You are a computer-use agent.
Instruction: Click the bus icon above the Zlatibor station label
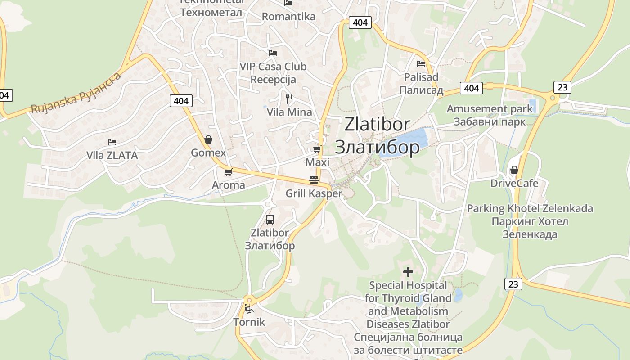(x=270, y=220)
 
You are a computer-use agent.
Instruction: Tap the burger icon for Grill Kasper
(x=314, y=180)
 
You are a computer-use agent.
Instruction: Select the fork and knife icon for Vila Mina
(x=289, y=99)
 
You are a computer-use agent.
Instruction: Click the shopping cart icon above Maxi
(x=317, y=149)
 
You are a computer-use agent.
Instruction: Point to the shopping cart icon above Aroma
(x=229, y=172)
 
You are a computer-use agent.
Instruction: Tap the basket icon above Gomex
(x=208, y=139)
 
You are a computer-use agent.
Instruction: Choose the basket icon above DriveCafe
(x=514, y=170)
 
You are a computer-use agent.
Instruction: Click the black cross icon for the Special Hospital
(x=408, y=272)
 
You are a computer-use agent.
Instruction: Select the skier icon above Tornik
(x=248, y=309)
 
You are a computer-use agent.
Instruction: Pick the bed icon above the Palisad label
(x=421, y=64)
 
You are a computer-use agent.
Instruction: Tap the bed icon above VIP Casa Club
(x=273, y=53)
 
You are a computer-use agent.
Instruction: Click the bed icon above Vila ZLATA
(x=112, y=142)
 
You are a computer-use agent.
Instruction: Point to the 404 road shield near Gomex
(x=181, y=101)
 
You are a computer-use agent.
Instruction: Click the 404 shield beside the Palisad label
(x=471, y=88)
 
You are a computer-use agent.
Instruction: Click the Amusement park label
(x=490, y=109)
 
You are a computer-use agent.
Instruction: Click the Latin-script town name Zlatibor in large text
(x=378, y=125)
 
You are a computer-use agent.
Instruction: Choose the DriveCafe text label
(x=514, y=183)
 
